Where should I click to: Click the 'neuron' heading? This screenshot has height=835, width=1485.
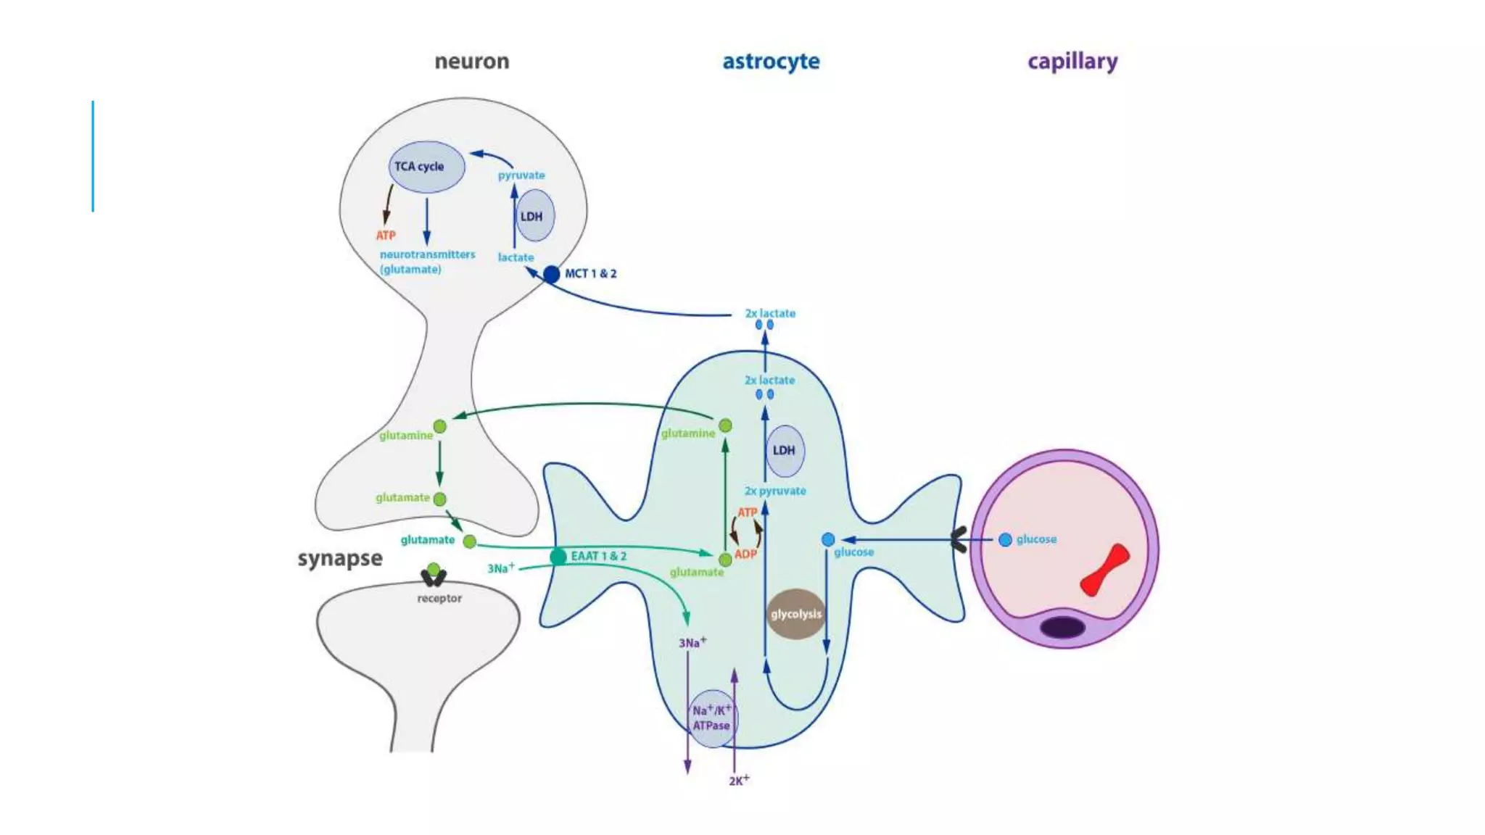[x=471, y=62]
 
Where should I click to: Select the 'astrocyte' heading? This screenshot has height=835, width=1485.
[x=771, y=62]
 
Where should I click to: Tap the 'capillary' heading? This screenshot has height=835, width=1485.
[x=1072, y=62]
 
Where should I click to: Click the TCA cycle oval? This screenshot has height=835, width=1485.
[x=426, y=167]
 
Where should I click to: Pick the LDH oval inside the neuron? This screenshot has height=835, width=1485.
[x=535, y=216]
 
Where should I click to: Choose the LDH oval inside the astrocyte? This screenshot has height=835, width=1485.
[x=785, y=450]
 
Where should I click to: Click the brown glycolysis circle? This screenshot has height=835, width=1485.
[x=796, y=614]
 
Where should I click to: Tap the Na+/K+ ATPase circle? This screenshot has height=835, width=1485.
[x=712, y=718]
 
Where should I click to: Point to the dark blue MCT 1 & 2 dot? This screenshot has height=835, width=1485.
[x=552, y=274]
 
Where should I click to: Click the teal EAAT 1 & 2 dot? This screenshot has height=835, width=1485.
[x=558, y=557]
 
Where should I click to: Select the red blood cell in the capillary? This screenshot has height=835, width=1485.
[x=1105, y=570]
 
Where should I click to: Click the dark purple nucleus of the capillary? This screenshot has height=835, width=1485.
[x=1062, y=627]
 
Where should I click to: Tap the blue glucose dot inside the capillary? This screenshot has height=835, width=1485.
[x=1005, y=539]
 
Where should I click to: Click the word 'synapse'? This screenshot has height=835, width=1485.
[x=340, y=559]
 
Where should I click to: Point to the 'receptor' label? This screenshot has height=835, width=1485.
[x=439, y=599]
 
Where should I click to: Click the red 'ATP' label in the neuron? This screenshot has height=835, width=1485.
[x=386, y=236]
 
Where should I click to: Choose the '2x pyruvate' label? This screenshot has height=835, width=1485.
[x=775, y=491]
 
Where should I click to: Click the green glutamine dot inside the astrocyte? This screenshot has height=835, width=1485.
[x=725, y=425]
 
